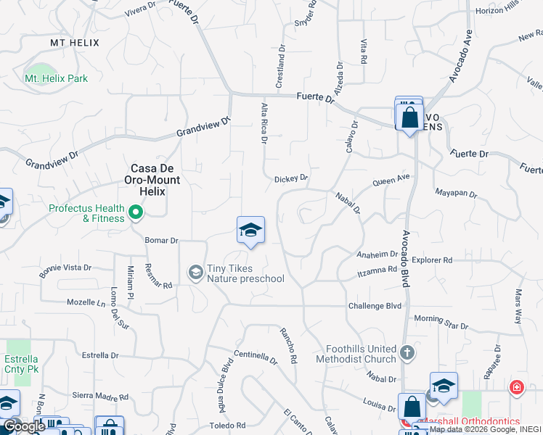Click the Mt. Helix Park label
56,78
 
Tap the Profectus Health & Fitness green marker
135,213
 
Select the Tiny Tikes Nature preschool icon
195,272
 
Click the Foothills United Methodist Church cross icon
407,353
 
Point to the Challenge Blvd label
374,306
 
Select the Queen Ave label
391,178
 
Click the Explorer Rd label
431,260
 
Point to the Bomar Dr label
161,240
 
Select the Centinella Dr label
256,357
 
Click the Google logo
24,426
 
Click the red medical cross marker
516,387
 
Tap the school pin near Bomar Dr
250,231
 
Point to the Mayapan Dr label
455,194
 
